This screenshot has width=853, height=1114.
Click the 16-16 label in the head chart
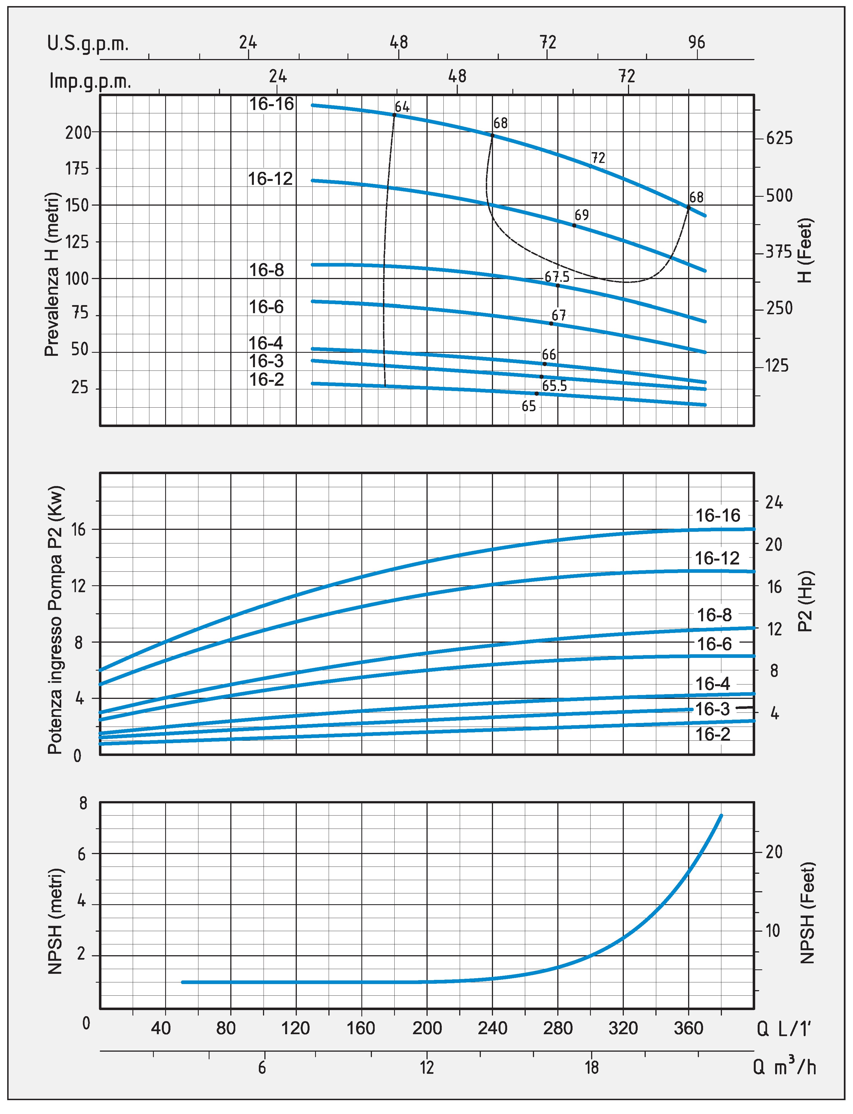[272, 104]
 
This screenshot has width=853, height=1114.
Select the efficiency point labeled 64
[395, 115]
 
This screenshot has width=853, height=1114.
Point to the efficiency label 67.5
[557, 277]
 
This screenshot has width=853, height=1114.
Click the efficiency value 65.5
[554, 386]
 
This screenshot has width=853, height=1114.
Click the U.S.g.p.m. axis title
[88, 44]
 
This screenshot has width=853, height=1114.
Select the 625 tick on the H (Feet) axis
[779, 138]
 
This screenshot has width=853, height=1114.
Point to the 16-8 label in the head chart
[267, 270]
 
